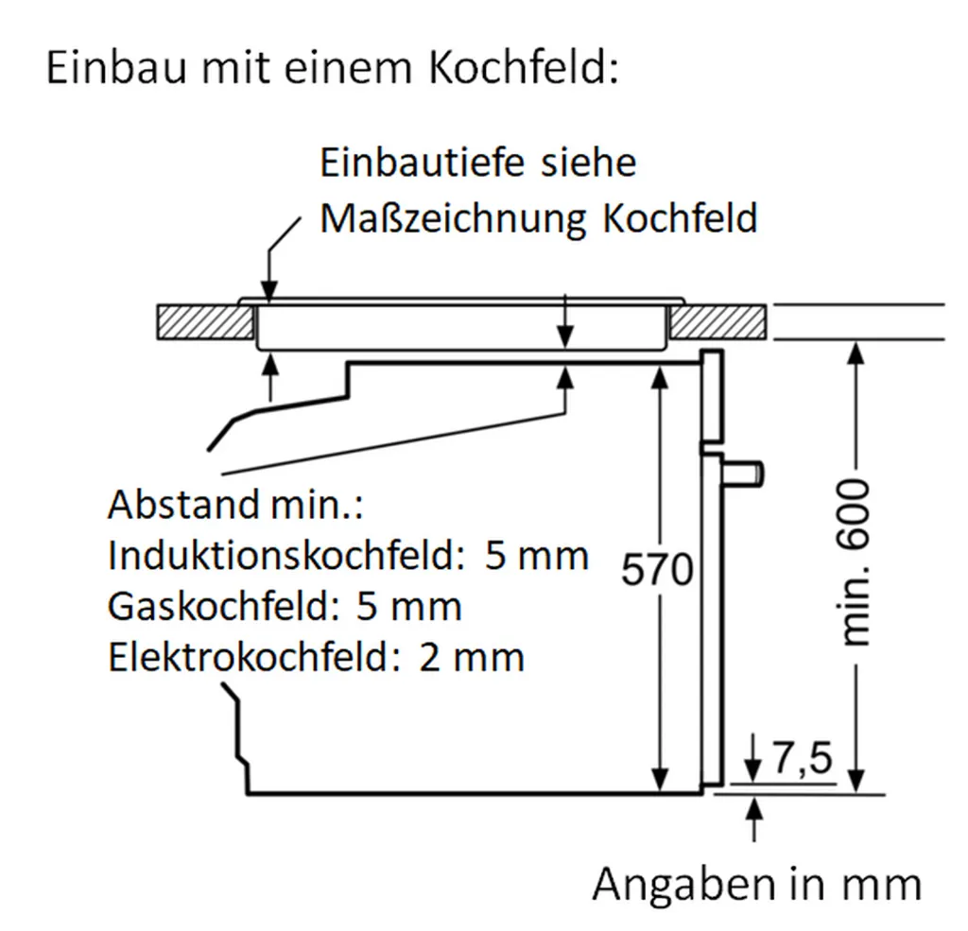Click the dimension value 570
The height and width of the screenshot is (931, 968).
[x=658, y=571]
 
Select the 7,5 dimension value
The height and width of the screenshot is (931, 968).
[x=802, y=759]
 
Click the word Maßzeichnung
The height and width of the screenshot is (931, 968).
[x=452, y=219]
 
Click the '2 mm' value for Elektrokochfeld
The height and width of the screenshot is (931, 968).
[x=471, y=657]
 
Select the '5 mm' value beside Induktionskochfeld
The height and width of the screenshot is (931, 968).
[x=536, y=556]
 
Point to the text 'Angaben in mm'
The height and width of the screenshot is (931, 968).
[x=756, y=885]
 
